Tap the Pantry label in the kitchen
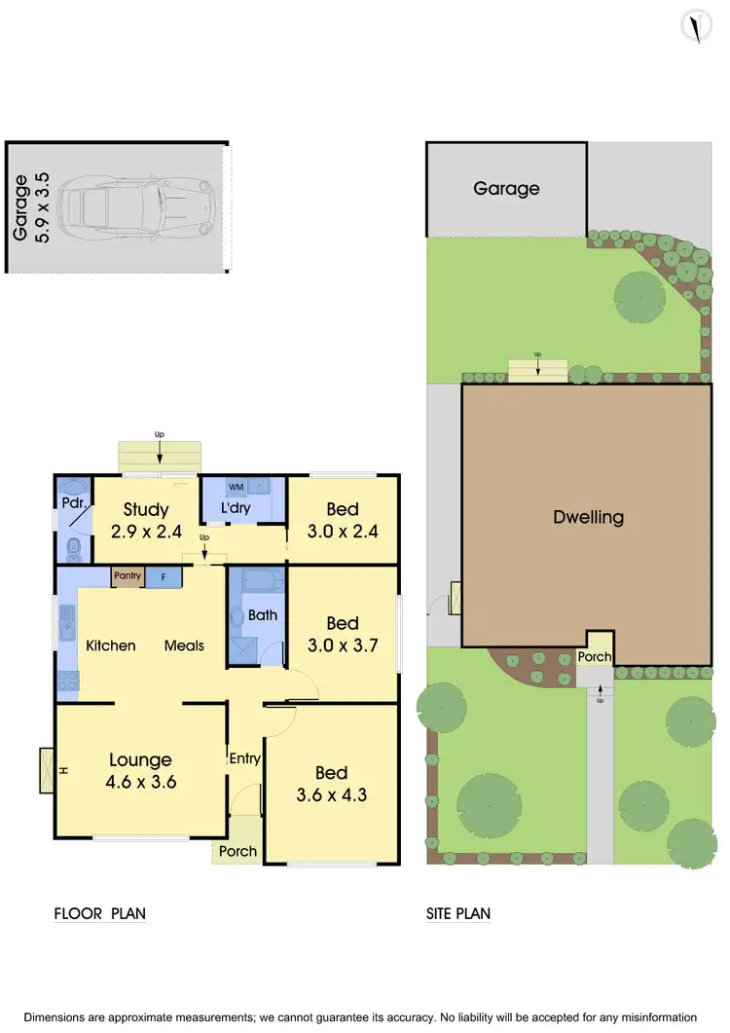pos(128,576)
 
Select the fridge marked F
pos(164,576)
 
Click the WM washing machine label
pos(236,486)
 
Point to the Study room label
pos(146,509)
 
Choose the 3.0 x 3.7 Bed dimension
pos(343,645)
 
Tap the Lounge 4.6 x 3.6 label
pos(140,770)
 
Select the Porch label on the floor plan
pos(237,851)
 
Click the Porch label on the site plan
pos(595,657)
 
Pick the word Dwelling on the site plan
pos(588,517)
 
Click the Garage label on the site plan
pos(506,189)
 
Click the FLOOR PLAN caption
pos(99,913)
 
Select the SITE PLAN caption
pos(458,913)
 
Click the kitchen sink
pos(67,624)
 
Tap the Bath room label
pos(263,615)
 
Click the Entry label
pos(244,758)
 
